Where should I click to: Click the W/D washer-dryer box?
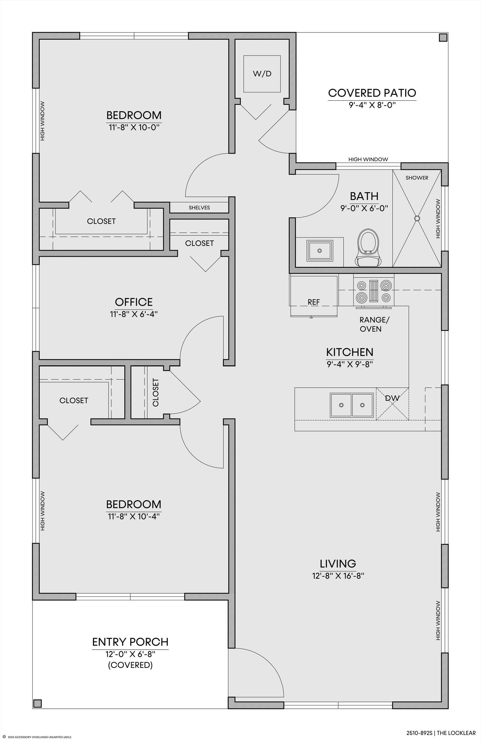pyautogui.click(x=262, y=74)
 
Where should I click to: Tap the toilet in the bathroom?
pyautogui.click(x=368, y=248)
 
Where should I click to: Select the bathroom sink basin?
pyautogui.click(x=319, y=251)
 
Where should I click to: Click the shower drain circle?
pyautogui.click(x=417, y=218)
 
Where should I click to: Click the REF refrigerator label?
pyautogui.click(x=313, y=302)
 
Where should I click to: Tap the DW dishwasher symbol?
pyautogui.click(x=392, y=404)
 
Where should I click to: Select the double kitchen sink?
pyautogui.click(x=352, y=405)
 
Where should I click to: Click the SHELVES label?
pyautogui.click(x=199, y=208)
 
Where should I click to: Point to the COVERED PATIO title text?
pyautogui.click(x=372, y=93)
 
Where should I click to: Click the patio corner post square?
pyautogui.click(x=443, y=38)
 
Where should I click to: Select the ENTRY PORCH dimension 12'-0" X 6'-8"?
pyautogui.click(x=130, y=654)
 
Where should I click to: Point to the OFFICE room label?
pyautogui.click(x=134, y=302)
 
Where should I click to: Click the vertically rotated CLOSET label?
pyautogui.click(x=156, y=392)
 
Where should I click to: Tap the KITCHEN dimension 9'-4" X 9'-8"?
pyautogui.click(x=350, y=364)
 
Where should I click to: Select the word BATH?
pyautogui.click(x=364, y=196)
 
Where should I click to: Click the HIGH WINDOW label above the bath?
pyautogui.click(x=368, y=160)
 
